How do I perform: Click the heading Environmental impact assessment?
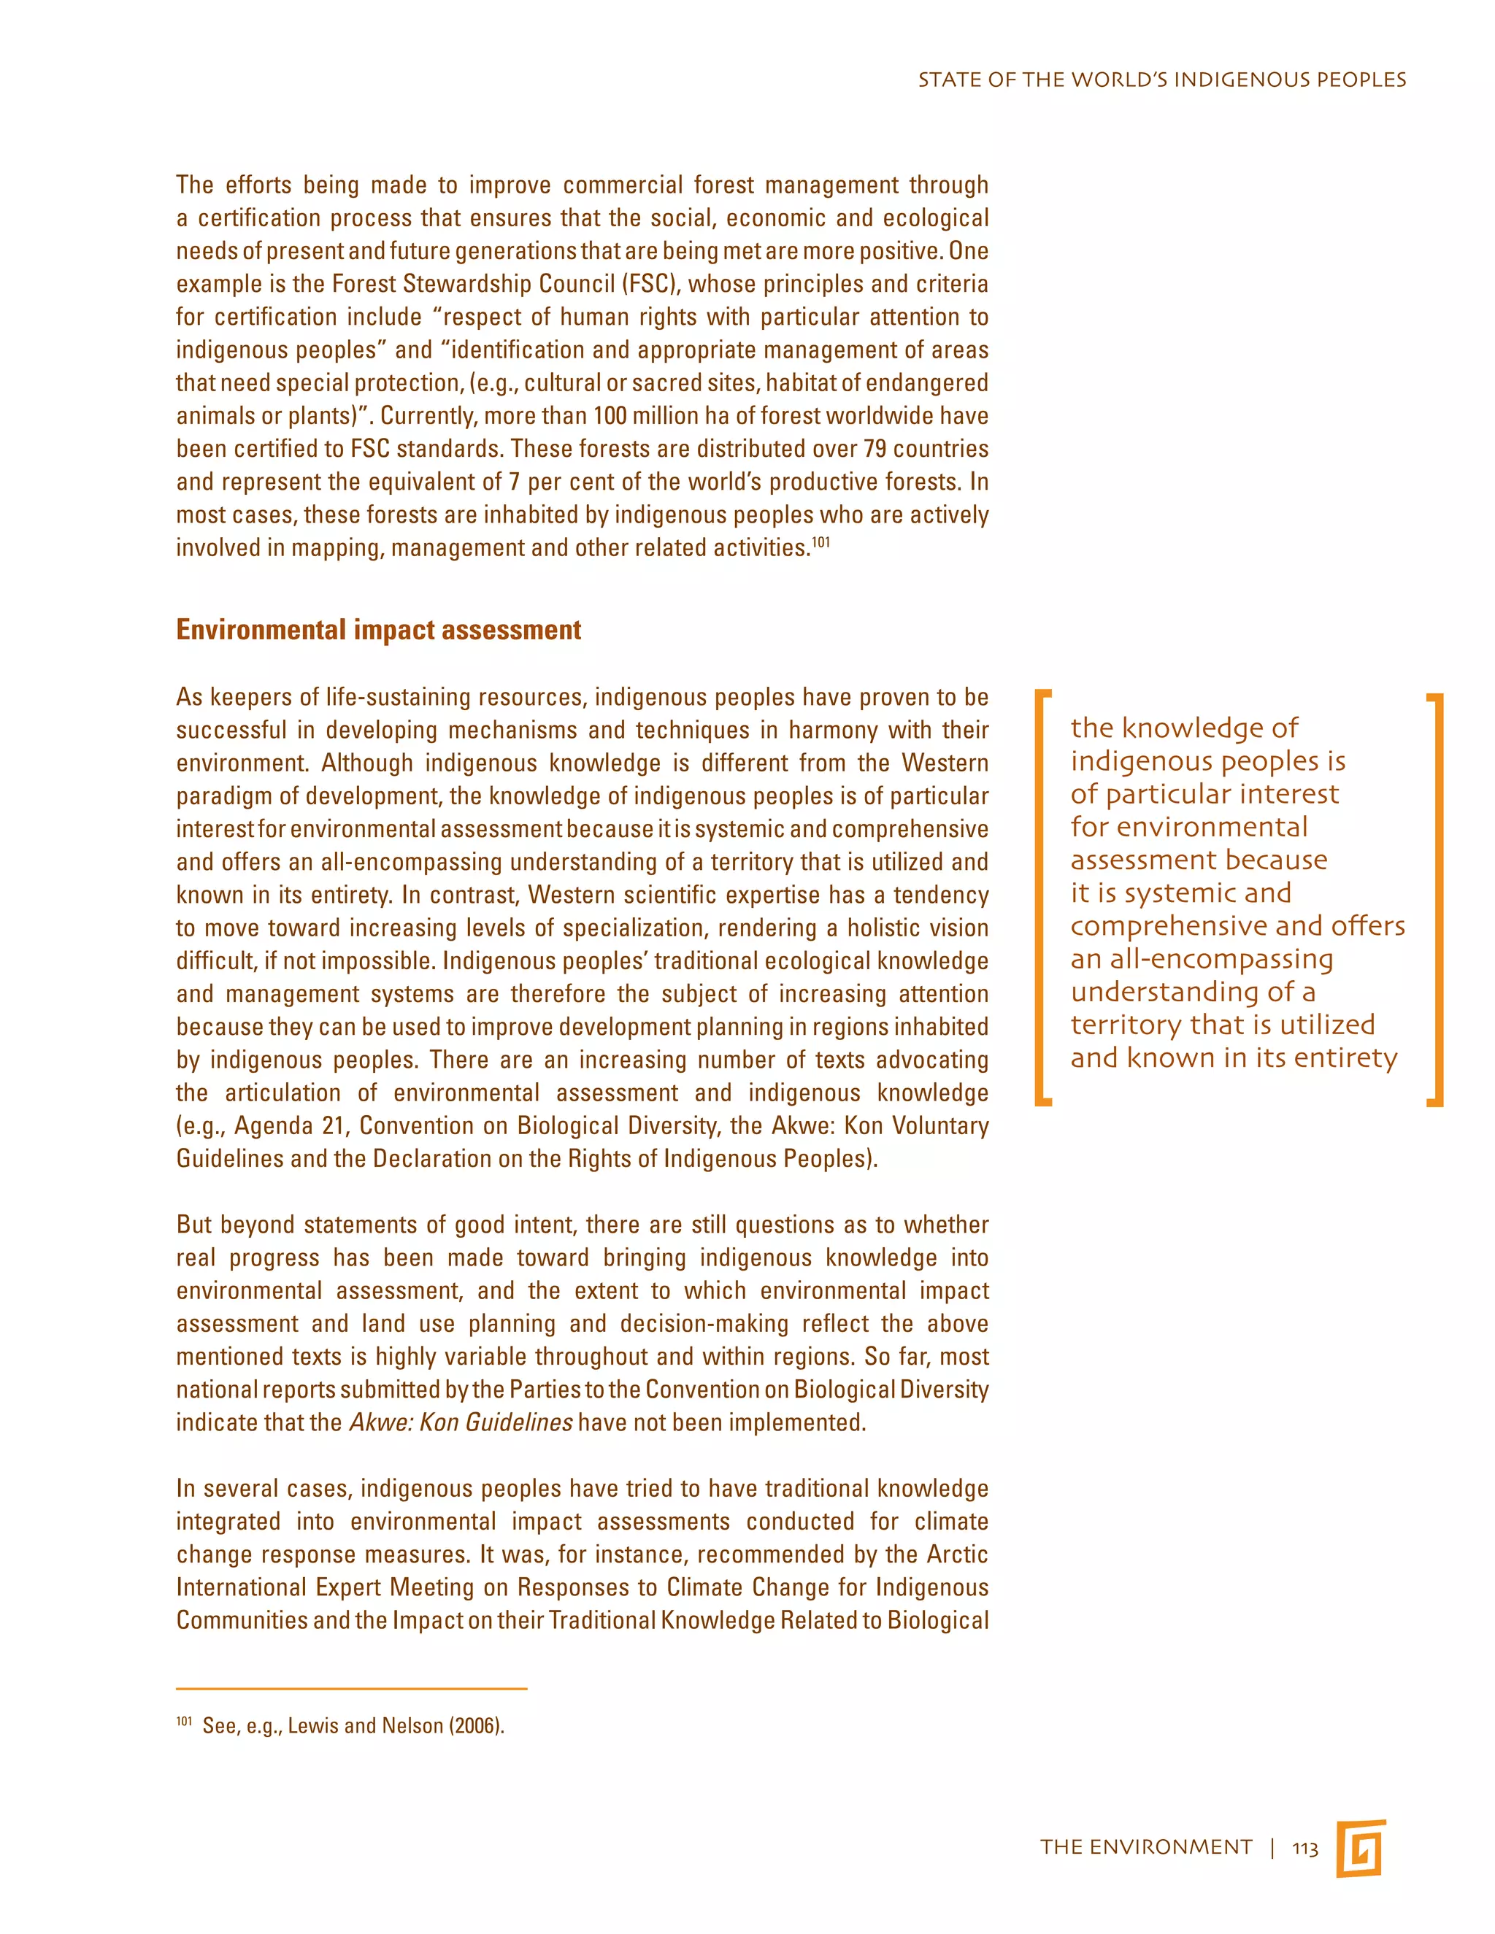(x=378, y=630)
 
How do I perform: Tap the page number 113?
(x=1304, y=1848)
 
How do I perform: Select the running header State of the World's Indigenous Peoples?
(x=1161, y=80)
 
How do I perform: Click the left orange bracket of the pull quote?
(x=1042, y=896)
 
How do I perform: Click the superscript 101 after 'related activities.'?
(x=821, y=542)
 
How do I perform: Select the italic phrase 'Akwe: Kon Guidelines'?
(x=461, y=1422)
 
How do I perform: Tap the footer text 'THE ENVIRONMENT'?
(x=1146, y=1847)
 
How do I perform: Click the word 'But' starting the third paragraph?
(x=194, y=1225)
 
